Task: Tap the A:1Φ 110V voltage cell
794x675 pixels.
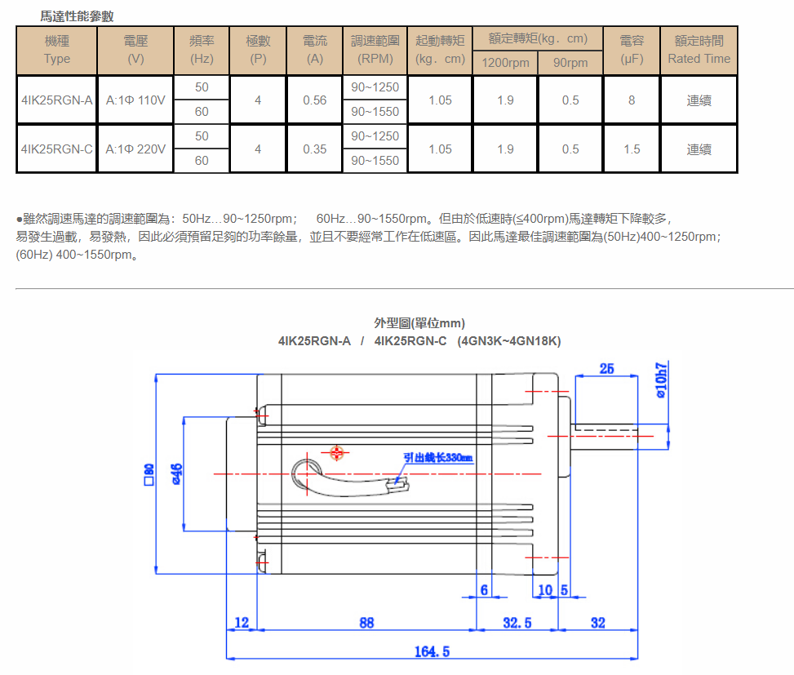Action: click(x=135, y=100)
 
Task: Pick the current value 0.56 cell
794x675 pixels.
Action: click(x=314, y=100)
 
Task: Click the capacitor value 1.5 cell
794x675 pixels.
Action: click(x=632, y=149)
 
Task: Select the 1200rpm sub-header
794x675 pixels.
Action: click(x=505, y=63)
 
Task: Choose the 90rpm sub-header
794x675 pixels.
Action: click(x=570, y=63)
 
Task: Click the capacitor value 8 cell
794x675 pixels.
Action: click(x=632, y=100)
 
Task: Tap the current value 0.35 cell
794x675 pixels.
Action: click(x=314, y=149)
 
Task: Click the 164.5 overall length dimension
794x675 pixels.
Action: click(x=432, y=651)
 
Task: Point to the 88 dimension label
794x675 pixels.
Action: click(x=366, y=623)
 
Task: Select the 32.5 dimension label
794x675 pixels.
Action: click(x=517, y=623)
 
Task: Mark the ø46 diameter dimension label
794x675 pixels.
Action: click(x=175, y=473)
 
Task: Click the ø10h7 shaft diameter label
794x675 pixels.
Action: click(x=661, y=380)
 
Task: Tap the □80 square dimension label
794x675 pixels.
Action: click(x=149, y=473)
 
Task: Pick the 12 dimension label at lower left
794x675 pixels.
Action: click(x=241, y=623)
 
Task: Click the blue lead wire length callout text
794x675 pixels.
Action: click(x=438, y=458)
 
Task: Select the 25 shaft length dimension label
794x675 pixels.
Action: click(x=606, y=369)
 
